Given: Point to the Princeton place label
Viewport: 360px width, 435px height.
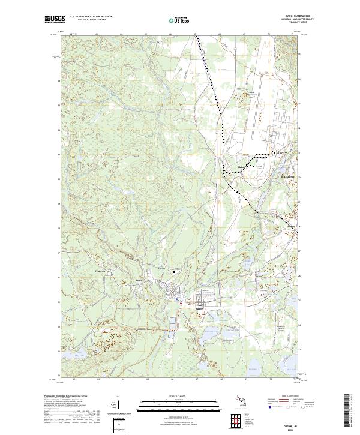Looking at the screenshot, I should click(101, 271).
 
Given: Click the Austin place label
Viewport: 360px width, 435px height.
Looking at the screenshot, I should click(138, 281).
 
